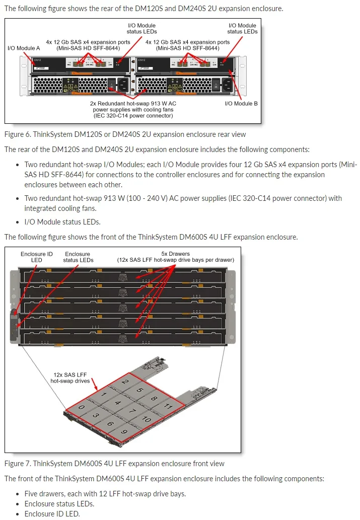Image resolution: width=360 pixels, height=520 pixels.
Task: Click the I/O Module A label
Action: pyautogui.click(x=24, y=48)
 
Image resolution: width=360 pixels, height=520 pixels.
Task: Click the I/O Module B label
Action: pyautogui.click(x=241, y=103)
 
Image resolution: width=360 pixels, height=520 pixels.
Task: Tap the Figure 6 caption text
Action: pyautogui.click(x=125, y=134)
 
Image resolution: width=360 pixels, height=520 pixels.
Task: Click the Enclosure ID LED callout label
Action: pyautogui.click(x=36, y=257)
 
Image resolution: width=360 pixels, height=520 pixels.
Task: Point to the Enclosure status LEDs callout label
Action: pyautogui.click(x=78, y=257)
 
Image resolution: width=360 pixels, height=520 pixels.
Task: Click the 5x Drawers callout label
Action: pyautogui.click(x=175, y=257)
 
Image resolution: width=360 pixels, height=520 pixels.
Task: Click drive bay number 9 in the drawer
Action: pyautogui.click(x=124, y=431)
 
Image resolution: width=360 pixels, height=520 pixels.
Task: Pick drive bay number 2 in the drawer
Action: pyautogui.click(x=125, y=382)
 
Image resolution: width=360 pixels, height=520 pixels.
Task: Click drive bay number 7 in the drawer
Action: pyautogui.click(x=132, y=411)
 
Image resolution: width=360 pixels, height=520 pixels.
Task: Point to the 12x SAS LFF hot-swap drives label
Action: pyautogui.click(x=70, y=378)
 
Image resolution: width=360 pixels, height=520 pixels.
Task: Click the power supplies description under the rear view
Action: pyautogui.click(x=134, y=109)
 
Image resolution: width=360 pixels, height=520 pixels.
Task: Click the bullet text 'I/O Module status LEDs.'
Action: pyautogui.click(x=62, y=221)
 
